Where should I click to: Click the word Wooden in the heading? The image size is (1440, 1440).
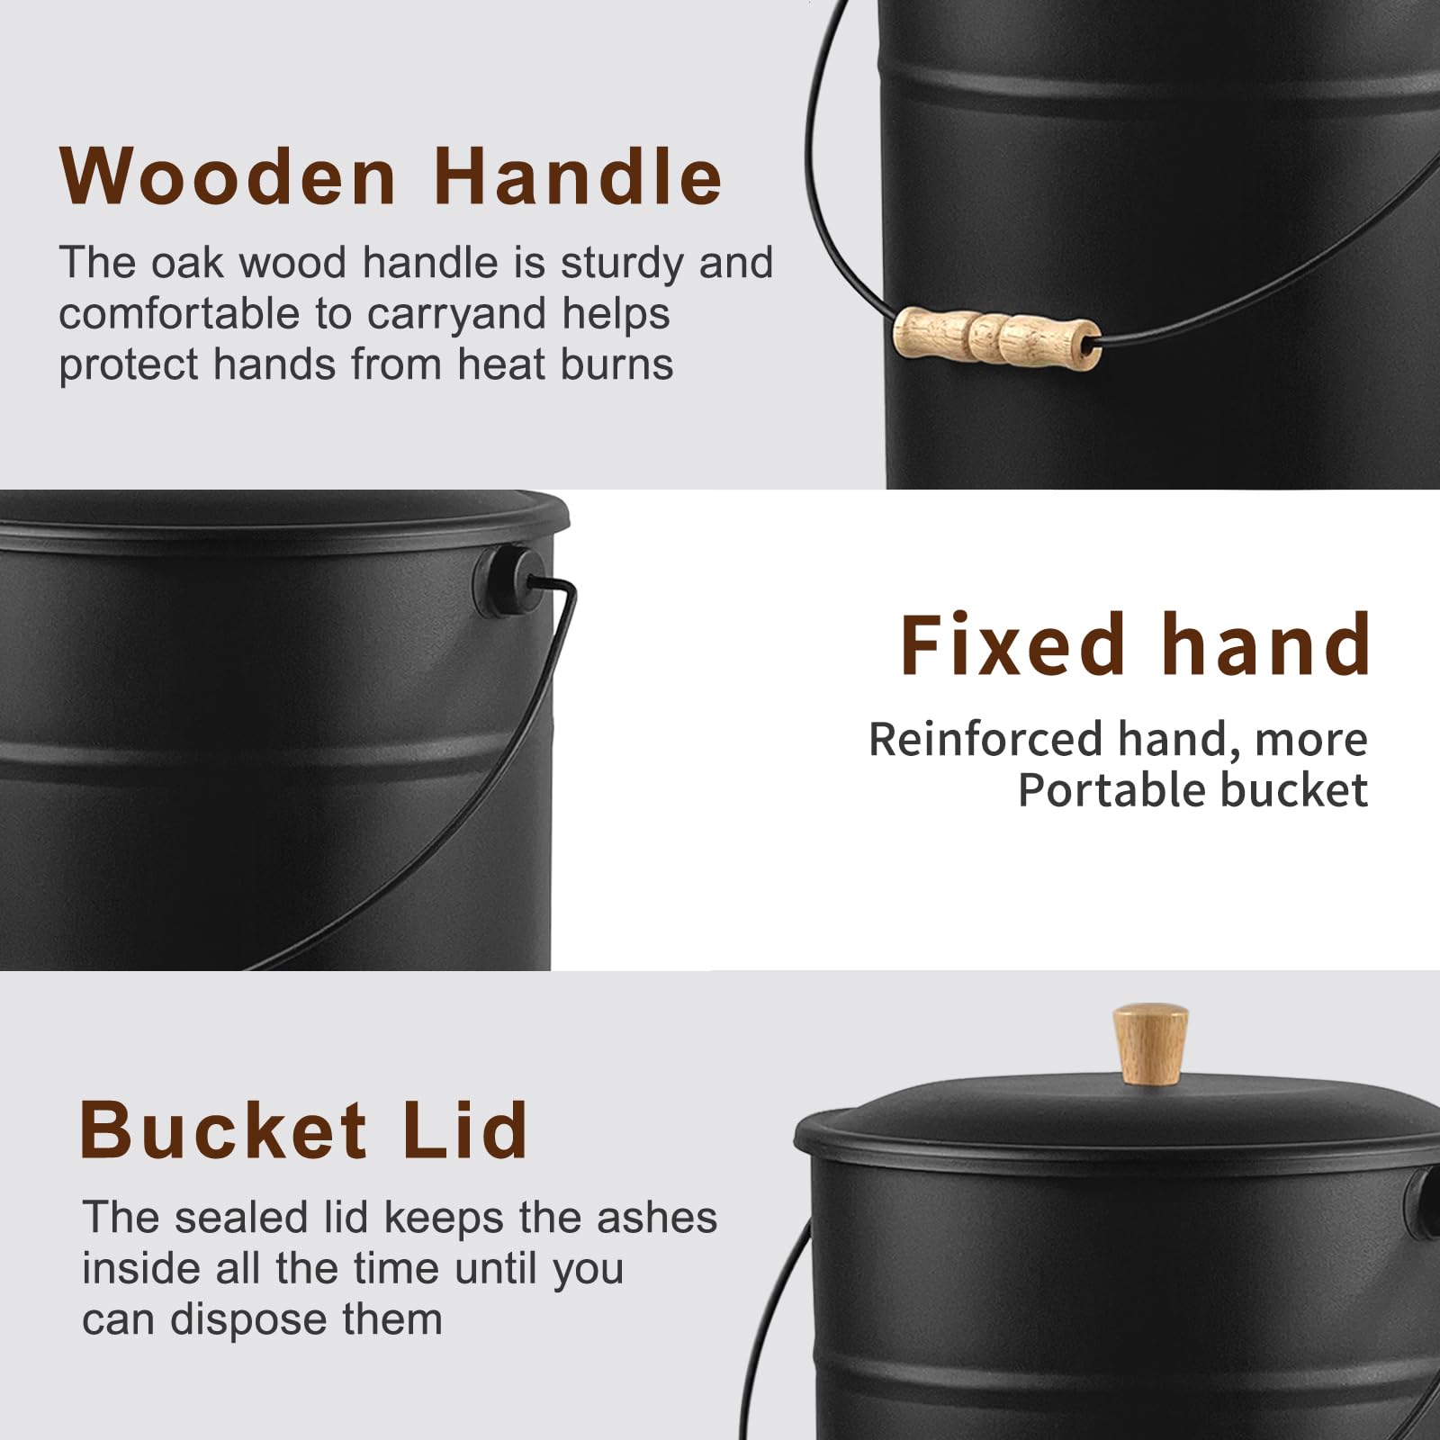tap(229, 176)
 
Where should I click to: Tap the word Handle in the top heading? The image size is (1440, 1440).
tap(578, 176)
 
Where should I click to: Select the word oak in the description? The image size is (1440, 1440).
tap(190, 263)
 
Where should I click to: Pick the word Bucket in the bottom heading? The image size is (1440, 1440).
tap(224, 1130)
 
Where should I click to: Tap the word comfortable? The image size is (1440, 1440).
tap(180, 314)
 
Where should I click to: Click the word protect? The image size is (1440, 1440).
tap(130, 366)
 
